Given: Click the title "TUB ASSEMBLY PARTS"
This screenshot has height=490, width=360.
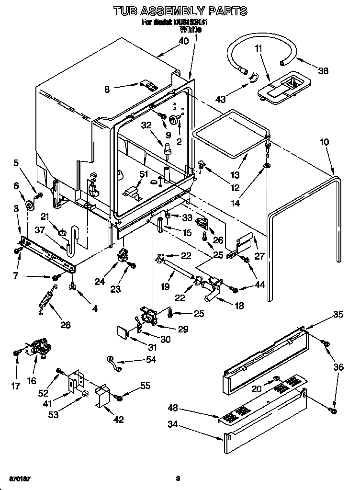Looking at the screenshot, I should (180, 10).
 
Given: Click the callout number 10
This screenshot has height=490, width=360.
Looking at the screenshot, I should (324, 143).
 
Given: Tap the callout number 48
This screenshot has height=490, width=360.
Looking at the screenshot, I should (173, 408).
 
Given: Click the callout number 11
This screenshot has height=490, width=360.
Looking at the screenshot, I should (258, 48).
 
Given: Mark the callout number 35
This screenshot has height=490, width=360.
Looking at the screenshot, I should (338, 315).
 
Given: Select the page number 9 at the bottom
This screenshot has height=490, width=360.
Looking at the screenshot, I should (178, 478).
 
